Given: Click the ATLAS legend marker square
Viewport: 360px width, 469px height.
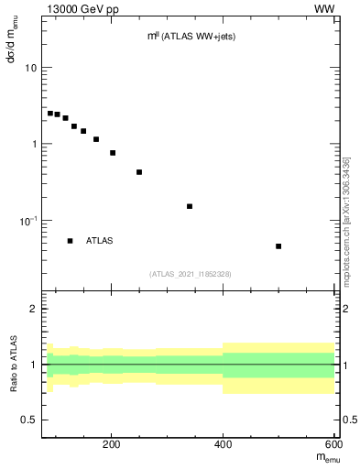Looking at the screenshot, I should (x=70, y=241).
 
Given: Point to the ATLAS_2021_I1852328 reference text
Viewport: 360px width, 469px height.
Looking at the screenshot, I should (x=191, y=274).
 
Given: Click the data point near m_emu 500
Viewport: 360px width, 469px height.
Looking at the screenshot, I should (x=278, y=246).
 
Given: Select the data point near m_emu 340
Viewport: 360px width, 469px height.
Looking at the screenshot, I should (x=190, y=206).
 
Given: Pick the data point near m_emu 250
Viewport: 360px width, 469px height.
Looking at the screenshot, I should (x=139, y=172).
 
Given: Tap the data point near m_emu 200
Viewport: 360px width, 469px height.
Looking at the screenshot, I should (x=113, y=153).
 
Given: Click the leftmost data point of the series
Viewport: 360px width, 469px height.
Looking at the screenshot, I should (x=50, y=113).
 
